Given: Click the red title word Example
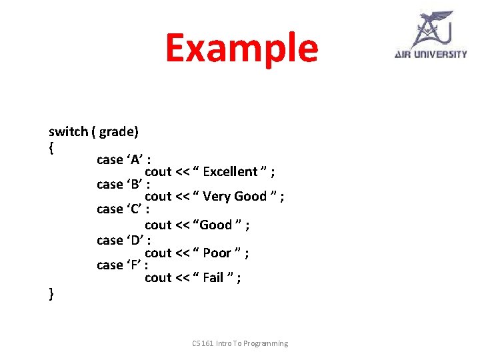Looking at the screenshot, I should click(x=241, y=48).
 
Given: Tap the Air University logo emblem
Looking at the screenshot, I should click(x=431, y=29).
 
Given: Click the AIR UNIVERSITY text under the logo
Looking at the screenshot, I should click(x=431, y=54).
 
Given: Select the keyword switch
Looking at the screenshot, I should click(x=68, y=131).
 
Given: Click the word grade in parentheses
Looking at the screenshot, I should click(x=117, y=131).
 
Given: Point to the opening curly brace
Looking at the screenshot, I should click(x=51, y=146).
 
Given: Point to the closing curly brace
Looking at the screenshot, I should click(x=51, y=293).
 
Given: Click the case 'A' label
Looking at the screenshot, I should click(x=123, y=159).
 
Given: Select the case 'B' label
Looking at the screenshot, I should click(x=123, y=184).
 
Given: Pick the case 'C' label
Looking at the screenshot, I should click(x=123, y=209).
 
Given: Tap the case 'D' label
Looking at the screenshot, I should click(x=123, y=240).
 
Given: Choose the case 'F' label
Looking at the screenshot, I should click(x=122, y=265).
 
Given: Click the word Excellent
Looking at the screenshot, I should click(x=230, y=172).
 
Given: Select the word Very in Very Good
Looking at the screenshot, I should click(x=217, y=196).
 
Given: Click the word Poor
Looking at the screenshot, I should click(x=217, y=253).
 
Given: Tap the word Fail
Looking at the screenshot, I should click(x=213, y=277).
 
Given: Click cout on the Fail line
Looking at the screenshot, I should click(x=158, y=277).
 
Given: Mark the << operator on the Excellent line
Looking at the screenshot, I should click(x=182, y=172).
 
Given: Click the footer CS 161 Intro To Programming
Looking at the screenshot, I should click(x=240, y=343).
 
